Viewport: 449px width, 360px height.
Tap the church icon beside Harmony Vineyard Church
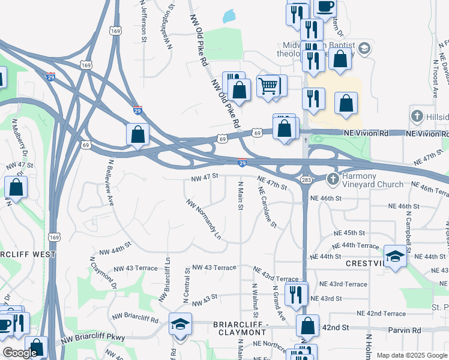[x=333, y=179]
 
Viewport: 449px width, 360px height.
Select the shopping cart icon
[x=268, y=86]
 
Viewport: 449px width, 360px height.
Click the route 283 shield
[x=306, y=180]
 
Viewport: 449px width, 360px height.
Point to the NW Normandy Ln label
[x=204, y=219]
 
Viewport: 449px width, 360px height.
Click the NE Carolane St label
[x=267, y=207]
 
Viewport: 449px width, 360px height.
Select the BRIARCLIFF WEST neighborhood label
[x=26, y=254]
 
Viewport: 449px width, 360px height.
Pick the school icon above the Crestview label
[x=395, y=256]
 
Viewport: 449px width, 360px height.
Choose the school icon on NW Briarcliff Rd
[x=180, y=324]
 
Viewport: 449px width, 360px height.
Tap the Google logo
[x=20, y=353]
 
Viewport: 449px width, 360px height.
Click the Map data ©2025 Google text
[x=412, y=355]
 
